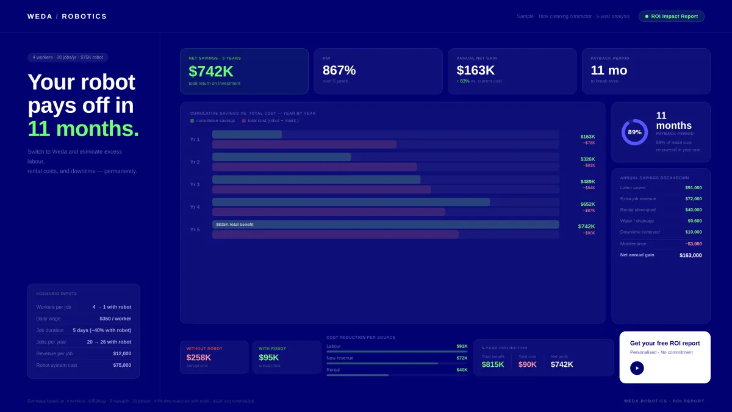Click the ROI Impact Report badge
pos(672,16)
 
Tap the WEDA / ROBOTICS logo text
pos(67,16)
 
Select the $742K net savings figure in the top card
pos(211,71)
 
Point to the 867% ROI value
pos(339,70)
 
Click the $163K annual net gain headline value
pos(476,70)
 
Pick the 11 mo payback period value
pos(609,70)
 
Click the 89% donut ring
pos(634,132)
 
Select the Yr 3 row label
pos(195,184)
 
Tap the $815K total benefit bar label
pos(235,225)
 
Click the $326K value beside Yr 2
pos(587,159)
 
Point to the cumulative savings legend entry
pos(212,121)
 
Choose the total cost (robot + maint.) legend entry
pos(270,121)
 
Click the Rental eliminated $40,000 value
pos(693,210)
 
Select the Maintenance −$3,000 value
pos(693,244)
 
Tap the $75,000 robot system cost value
pos(122,365)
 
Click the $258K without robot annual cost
pos(199,358)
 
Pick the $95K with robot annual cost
pos(269,358)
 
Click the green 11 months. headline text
pos(83,129)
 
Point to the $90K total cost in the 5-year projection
pos(528,364)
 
